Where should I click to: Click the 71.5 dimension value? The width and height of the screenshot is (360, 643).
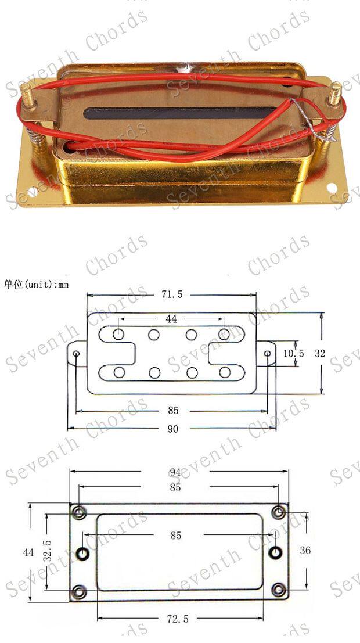pos(171,294)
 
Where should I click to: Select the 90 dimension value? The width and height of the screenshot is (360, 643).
pos(173,429)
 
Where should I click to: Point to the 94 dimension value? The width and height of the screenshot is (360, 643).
pos(175,471)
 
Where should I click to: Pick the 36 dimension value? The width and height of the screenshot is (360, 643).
pos(304,549)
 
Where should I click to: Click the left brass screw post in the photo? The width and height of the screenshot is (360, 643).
pos(28,95)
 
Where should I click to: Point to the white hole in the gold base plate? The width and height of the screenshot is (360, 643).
pos(332,188)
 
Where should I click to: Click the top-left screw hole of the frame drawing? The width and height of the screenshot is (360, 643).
pos(78,512)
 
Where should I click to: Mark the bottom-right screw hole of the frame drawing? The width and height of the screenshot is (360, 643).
pos(279,591)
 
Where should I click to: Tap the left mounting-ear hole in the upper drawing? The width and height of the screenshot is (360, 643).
pos(77,353)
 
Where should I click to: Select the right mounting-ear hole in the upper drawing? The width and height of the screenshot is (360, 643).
pos(268,353)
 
